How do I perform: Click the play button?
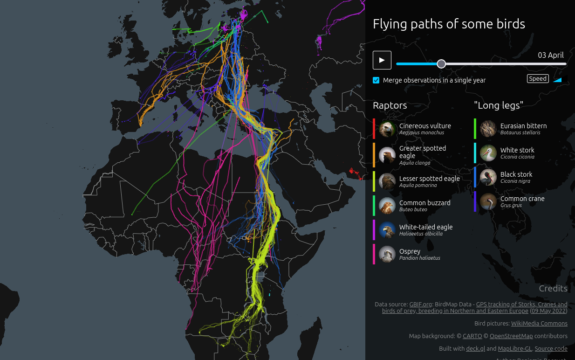click(x=382, y=60)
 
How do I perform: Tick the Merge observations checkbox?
click(x=376, y=80)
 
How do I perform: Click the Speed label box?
click(x=537, y=79)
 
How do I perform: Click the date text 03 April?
click(x=551, y=55)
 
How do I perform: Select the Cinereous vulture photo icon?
click(x=387, y=129)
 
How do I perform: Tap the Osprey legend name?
click(x=410, y=251)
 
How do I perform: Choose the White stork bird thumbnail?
click(x=488, y=153)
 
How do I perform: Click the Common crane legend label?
click(x=522, y=199)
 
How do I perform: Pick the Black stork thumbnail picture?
click(x=488, y=177)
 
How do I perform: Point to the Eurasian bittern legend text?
click(x=523, y=126)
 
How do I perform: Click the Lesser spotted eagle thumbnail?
click(x=387, y=181)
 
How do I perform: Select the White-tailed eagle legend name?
click(x=425, y=227)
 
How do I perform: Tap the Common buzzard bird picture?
click(x=387, y=206)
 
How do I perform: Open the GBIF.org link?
click(x=420, y=305)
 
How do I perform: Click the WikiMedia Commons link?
click(x=539, y=323)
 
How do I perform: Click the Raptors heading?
click(x=390, y=105)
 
